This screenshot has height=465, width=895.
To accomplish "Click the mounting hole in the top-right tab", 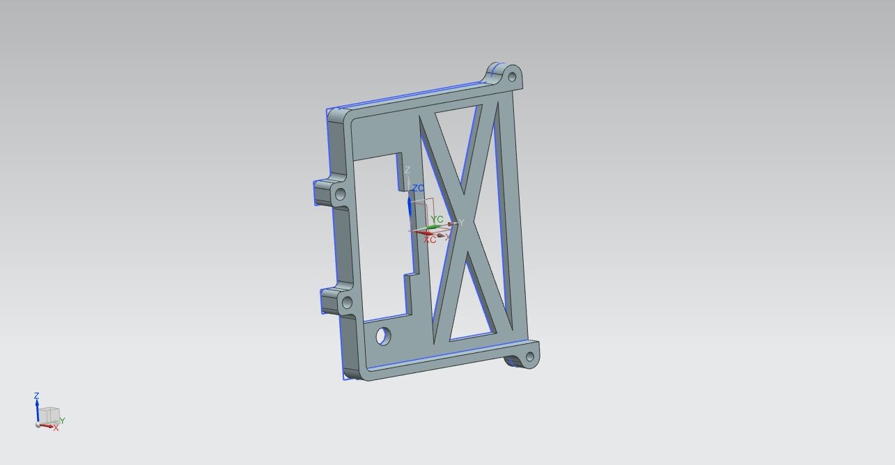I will [512, 74].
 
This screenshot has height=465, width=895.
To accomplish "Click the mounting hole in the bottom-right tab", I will [529, 358].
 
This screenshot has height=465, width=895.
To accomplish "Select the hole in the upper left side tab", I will [341, 194].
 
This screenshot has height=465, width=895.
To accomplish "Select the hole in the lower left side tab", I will [347, 303].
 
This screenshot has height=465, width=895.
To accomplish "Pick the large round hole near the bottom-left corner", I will [383, 336].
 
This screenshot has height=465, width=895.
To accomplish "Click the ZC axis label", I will [419, 189].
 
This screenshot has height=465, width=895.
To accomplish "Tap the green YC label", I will [437, 219].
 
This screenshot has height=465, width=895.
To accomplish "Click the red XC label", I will [430, 239].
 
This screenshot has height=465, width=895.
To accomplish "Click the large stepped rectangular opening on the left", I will [380, 237].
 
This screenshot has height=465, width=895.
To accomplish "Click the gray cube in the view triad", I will [48, 416].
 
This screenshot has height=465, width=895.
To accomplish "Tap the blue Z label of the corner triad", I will [37, 396].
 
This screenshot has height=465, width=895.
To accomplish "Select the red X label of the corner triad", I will [56, 428].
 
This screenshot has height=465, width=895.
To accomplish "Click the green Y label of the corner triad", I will [62, 420].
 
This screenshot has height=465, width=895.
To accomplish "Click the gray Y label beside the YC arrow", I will [461, 223].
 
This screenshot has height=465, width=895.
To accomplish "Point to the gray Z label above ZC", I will [407, 171].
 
